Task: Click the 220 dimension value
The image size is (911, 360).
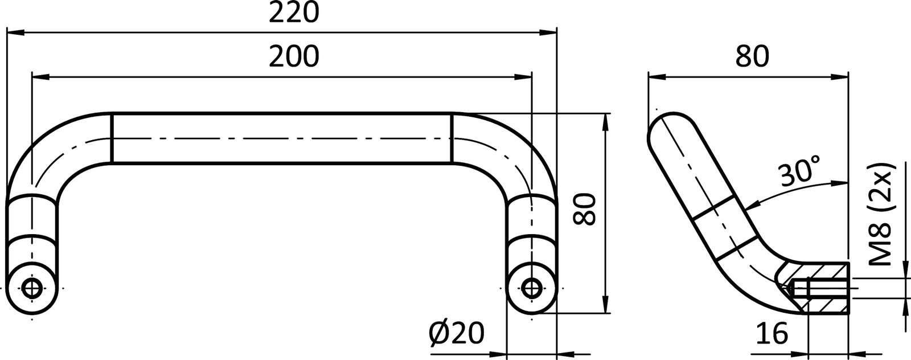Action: tap(293, 13)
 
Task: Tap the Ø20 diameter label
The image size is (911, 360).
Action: tap(457, 333)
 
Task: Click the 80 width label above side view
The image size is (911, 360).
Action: tap(752, 56)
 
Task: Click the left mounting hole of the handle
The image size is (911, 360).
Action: tap(32, 287)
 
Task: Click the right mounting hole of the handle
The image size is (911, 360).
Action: tap(531, 287)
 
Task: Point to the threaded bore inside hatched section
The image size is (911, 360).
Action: tap(820, 291)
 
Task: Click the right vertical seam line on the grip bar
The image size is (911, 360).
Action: tap(453, 138)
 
